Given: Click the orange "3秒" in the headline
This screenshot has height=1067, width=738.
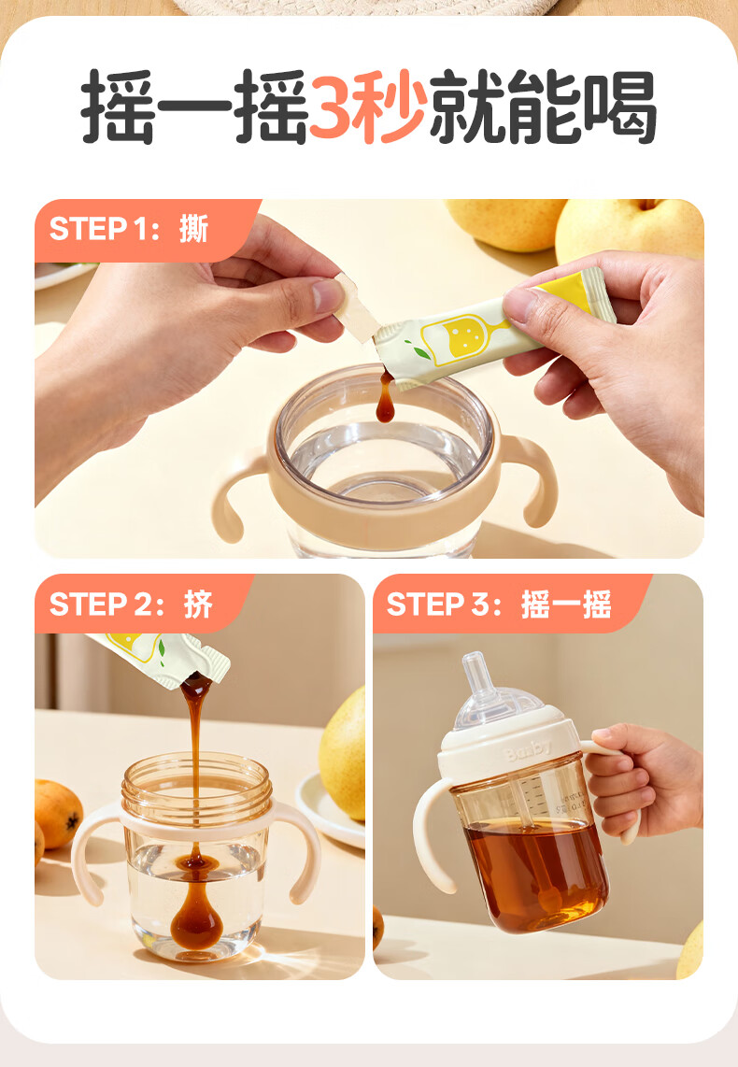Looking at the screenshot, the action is (369, 107).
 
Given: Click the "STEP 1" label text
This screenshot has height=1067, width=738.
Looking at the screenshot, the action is (97, 229).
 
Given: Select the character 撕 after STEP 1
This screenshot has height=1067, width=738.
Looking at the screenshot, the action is (194, 229).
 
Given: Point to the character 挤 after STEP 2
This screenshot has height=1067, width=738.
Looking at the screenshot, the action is (198, 604).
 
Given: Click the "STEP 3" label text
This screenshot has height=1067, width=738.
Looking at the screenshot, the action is (436, 604).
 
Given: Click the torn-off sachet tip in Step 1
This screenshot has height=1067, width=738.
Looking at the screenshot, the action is (356, 307).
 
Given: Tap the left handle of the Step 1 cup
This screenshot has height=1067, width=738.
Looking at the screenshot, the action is (238, 492).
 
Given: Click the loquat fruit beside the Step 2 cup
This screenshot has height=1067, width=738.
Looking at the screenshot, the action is (57, 814).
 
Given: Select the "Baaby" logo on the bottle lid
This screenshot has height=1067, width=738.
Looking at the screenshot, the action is (527, 749).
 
